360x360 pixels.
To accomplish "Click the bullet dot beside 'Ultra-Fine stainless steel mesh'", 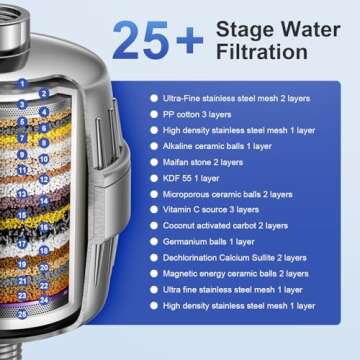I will click(x=153, y=99).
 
